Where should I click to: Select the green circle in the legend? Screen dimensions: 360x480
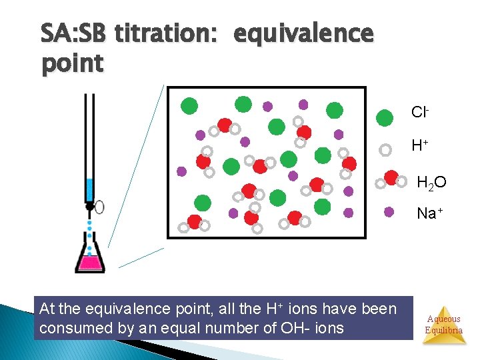[x=385, y=118]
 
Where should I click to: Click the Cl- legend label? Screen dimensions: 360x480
[x=419, y=112]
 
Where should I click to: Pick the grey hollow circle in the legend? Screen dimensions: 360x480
[x=385, y=149]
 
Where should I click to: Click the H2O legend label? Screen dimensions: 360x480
[x=431, y=181]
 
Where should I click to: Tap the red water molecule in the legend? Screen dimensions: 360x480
[x=391, y=179]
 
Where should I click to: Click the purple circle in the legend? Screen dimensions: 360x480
[x=389, y=213]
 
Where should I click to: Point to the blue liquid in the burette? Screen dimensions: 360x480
[x=89, y=189]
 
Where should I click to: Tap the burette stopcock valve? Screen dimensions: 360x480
[x=90, y=207]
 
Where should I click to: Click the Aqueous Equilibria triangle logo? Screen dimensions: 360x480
[x=443, y=324]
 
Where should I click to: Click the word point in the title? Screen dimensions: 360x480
[x=72, y=64]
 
